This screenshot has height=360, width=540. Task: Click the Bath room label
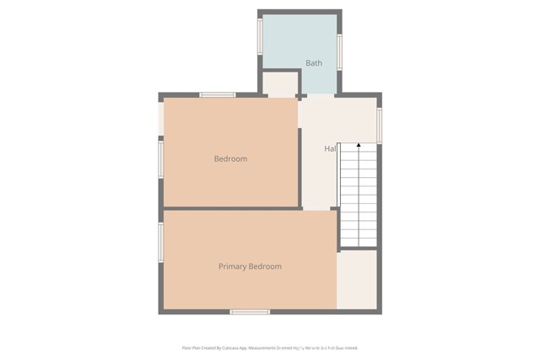[x=314, y=63]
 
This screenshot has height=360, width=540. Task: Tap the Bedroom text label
[x=230, y=159]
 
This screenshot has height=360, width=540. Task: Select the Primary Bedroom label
[x=250, y=266]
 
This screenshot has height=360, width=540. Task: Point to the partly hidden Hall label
[x=331, y=149]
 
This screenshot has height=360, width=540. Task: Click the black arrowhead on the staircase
[x=359, y=146]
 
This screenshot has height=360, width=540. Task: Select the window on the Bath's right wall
[x=340, y=51]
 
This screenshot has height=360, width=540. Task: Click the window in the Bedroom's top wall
[x=218, y=94]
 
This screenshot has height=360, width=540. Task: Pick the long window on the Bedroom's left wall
[x=160, y=159]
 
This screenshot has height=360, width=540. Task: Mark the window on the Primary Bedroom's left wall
[x=160, y=242]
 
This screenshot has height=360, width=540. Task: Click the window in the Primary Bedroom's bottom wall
[x=250, y=312]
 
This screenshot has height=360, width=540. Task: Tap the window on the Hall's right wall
[x=380, y=125]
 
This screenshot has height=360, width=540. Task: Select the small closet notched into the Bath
[x=280, y=84]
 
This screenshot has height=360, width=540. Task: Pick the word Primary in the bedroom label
[x=233, y=266]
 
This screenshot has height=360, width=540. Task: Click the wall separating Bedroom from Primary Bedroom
[x=231, y=208]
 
